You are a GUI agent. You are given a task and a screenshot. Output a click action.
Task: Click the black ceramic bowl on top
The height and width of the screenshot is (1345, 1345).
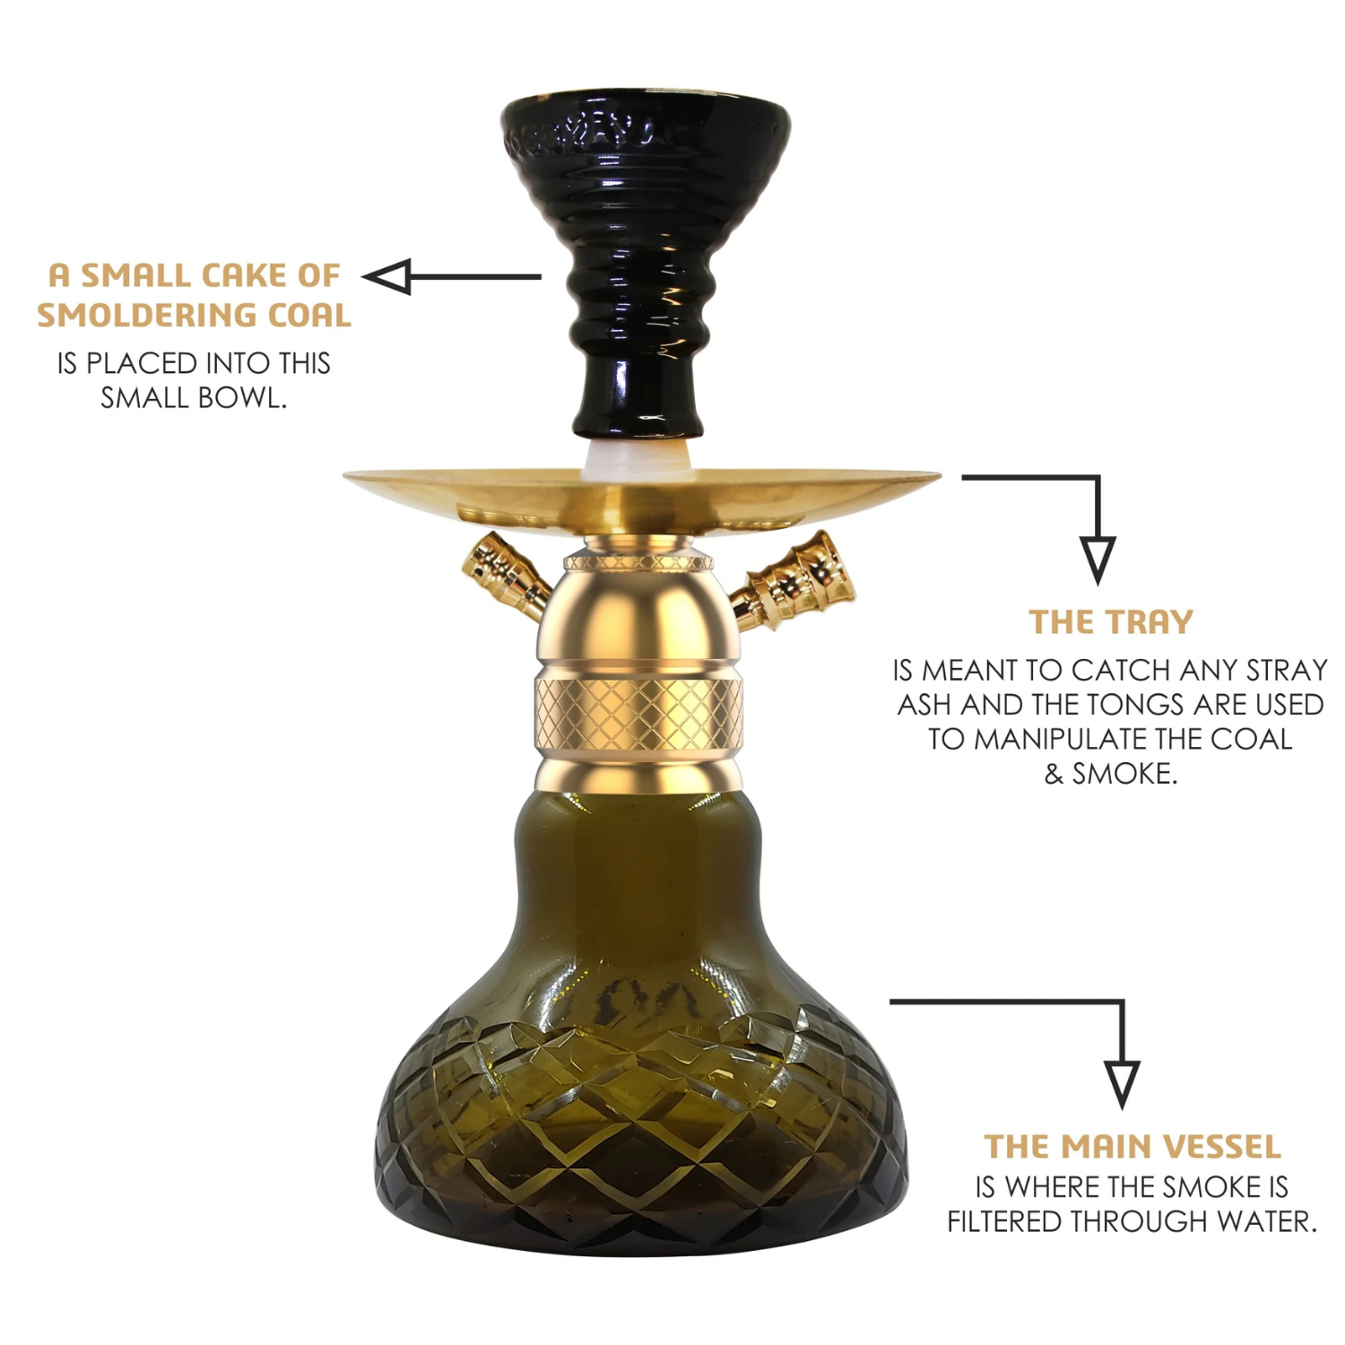645,260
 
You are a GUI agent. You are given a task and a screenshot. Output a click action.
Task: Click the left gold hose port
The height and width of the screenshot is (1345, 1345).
504,577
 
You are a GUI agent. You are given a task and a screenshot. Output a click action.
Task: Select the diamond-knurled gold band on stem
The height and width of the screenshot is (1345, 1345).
638,714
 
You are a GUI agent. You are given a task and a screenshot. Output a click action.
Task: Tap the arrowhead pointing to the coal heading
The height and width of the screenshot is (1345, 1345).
387,276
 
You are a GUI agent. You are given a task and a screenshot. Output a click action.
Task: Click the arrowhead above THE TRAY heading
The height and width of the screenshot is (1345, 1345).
1098,560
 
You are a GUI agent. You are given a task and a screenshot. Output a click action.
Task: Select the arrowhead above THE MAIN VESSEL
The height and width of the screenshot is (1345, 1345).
1122,1085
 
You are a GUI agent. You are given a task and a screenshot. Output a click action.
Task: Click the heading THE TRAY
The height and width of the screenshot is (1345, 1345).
1111,621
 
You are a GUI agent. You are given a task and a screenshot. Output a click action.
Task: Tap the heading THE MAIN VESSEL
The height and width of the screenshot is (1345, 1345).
1132,1146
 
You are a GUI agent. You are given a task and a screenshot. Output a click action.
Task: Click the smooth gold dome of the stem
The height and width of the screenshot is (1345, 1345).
638,619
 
